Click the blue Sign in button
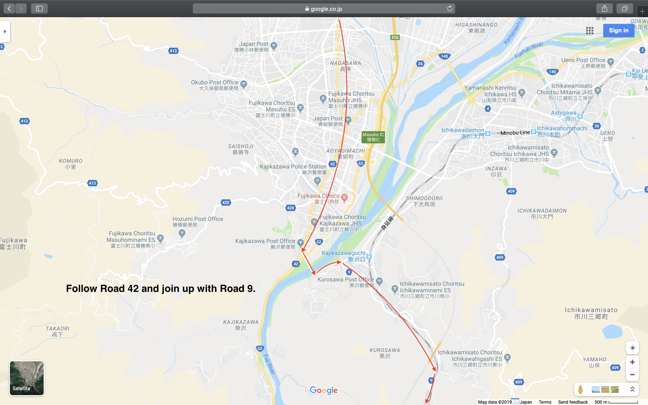point(619,31)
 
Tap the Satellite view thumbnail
point(27,378)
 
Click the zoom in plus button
point(632,362)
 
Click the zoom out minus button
point(632,374)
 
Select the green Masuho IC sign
point(373,137)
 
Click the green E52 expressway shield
point(395,37)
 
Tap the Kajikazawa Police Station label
point(293,166)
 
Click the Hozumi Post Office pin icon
point(182,233)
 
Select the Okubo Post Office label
point(214,83)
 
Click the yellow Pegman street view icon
point(580,389)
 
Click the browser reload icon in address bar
point(450,9)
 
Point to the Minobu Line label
point(515,133)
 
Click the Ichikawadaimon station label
point(463,130)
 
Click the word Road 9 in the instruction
point(236,288)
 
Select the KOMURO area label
point(71,161)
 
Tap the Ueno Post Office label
point(583,60)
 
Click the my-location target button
point(632,348)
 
